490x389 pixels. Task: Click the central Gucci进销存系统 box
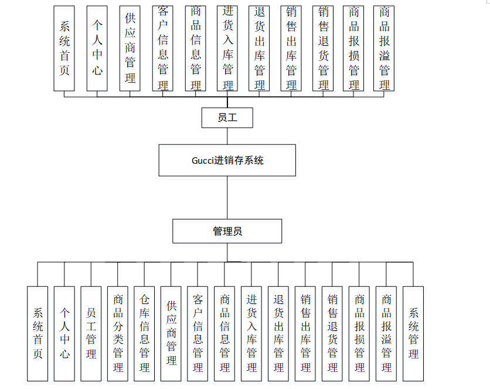227,160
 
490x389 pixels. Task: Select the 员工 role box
227,118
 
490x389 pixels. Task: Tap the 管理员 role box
227,231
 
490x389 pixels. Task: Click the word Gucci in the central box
203,161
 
